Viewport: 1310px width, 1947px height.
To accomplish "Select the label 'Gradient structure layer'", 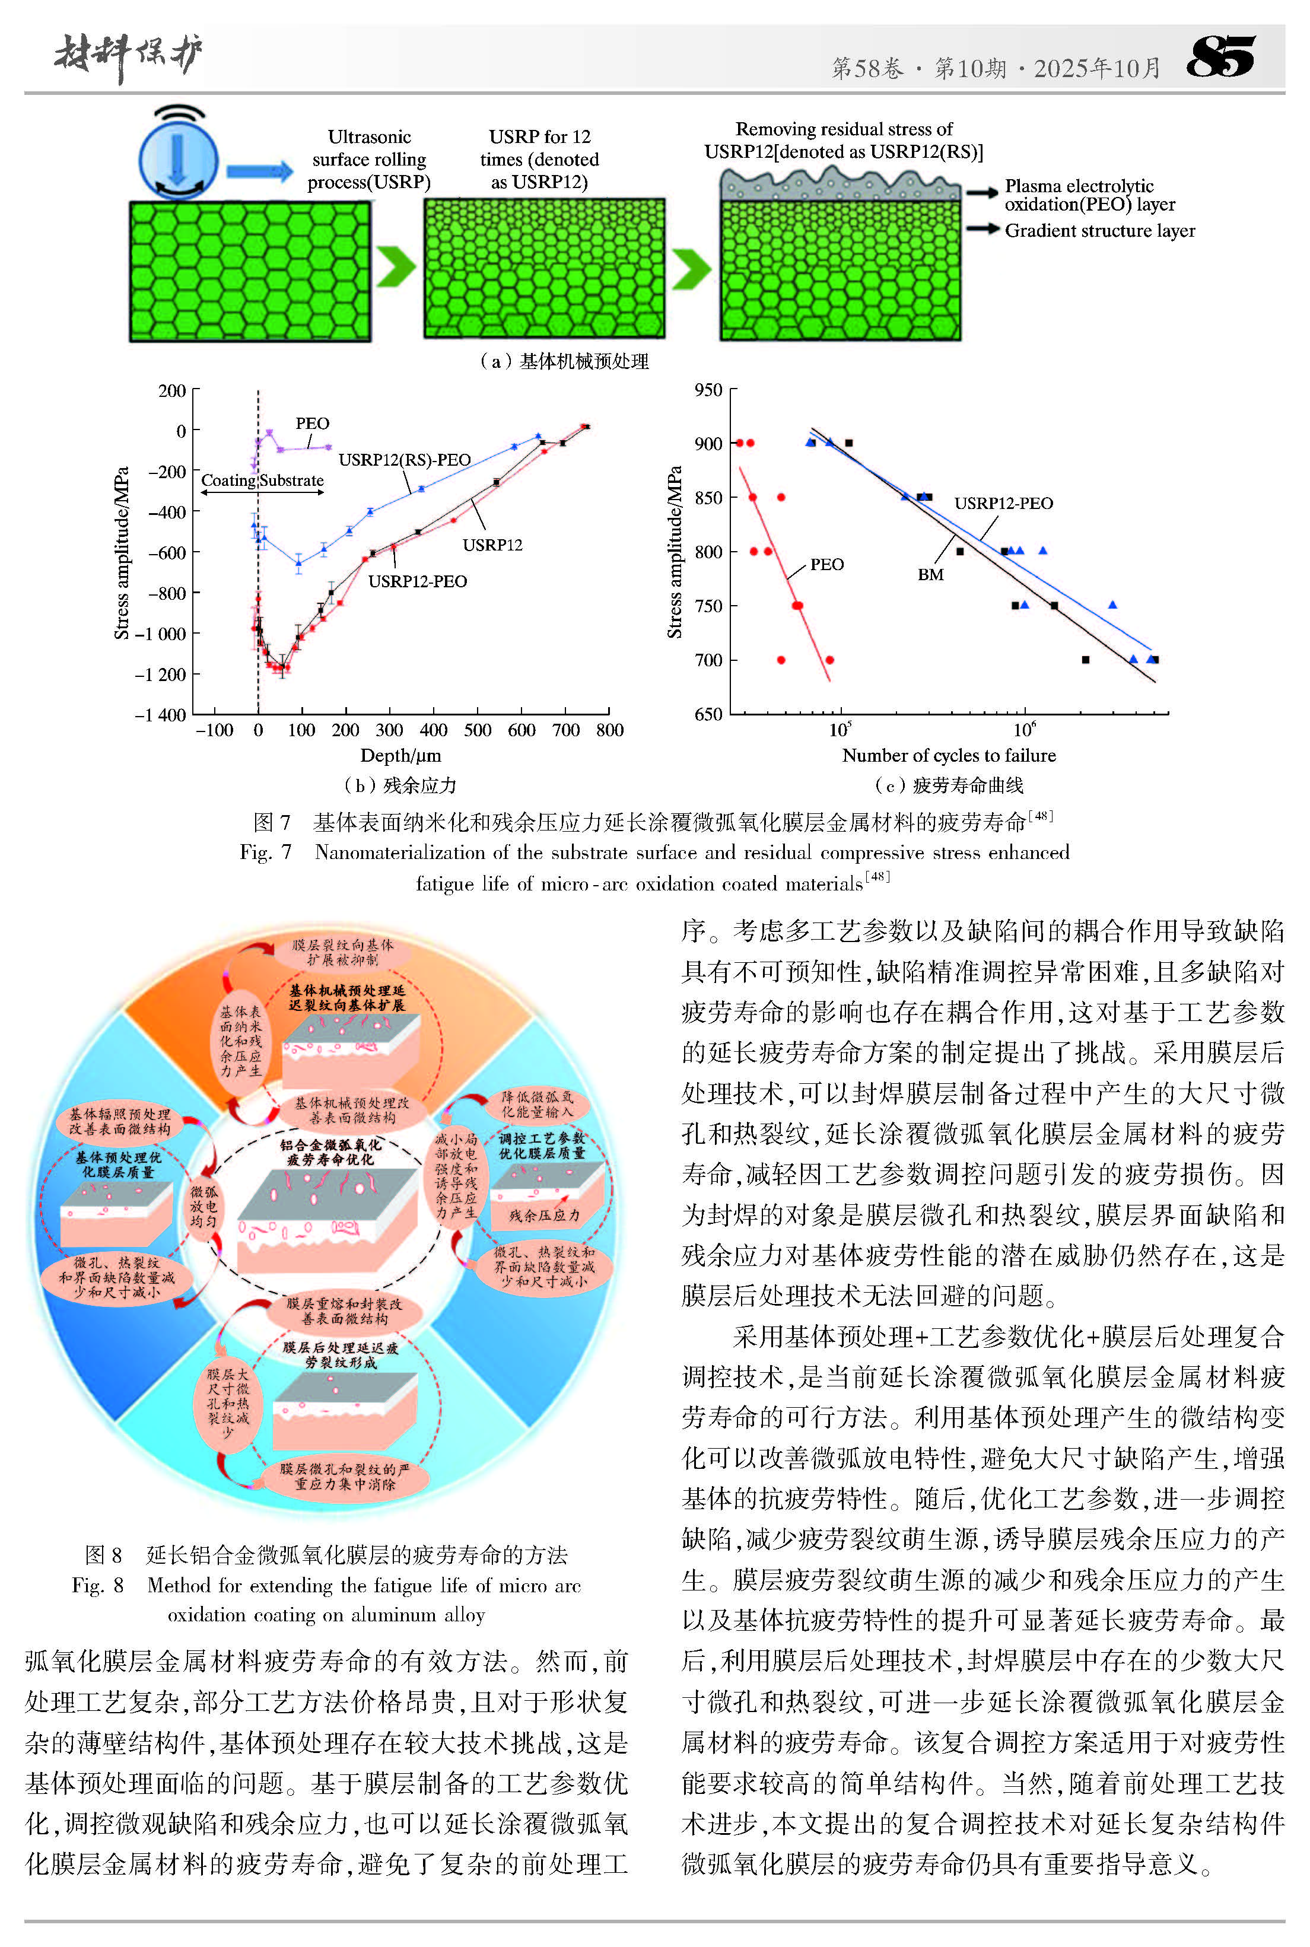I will click(x=1099, y=231).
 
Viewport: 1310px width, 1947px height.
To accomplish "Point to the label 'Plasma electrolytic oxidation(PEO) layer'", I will click(x=1089, y=195).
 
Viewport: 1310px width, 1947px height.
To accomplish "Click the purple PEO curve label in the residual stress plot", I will click(x=313, y=424).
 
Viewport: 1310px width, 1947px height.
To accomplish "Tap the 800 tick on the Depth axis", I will click(x=610, y=730).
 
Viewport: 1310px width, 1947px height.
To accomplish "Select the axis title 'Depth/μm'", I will click(x=400, y=756).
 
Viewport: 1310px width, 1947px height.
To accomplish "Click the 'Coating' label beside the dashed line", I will click(x=228, y=481).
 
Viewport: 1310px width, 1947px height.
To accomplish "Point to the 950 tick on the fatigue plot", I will click(x=708, y=390).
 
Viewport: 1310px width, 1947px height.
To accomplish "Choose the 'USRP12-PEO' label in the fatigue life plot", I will click(x=1003, y=503).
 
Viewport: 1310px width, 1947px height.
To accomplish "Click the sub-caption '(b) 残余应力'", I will click(x=400, y=786).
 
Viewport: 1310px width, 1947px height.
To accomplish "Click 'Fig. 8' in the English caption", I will click(x=98, y=1585).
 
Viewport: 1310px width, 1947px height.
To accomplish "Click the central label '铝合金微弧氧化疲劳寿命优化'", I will click(x=331, y=1152).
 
